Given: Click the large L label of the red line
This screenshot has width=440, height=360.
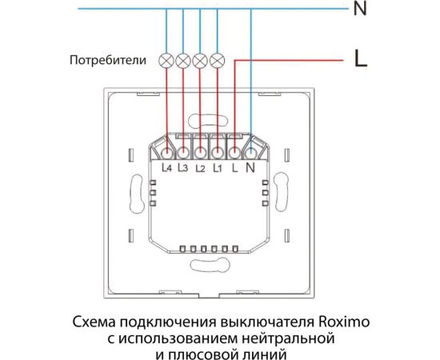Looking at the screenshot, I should (360, 58).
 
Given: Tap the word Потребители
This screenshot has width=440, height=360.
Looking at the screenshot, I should (106, 60).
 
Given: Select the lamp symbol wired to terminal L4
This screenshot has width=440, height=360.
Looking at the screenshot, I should (166, 60).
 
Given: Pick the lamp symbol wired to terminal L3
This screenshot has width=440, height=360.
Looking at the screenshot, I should (182, 60).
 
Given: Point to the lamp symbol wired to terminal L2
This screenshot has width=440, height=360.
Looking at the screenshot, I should (199, 60).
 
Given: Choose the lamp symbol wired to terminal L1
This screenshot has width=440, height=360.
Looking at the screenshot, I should (215, 60).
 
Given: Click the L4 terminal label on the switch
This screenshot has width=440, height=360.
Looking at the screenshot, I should (166, 169).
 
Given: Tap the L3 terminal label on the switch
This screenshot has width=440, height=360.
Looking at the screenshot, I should (182, 169).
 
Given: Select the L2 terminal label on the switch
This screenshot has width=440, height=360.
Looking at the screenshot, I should (200, 169).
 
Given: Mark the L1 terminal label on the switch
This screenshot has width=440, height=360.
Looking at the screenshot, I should (216, 169).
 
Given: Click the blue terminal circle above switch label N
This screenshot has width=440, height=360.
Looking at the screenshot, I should (252, 150).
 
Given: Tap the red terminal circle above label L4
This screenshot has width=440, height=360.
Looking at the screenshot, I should (166, 150).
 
